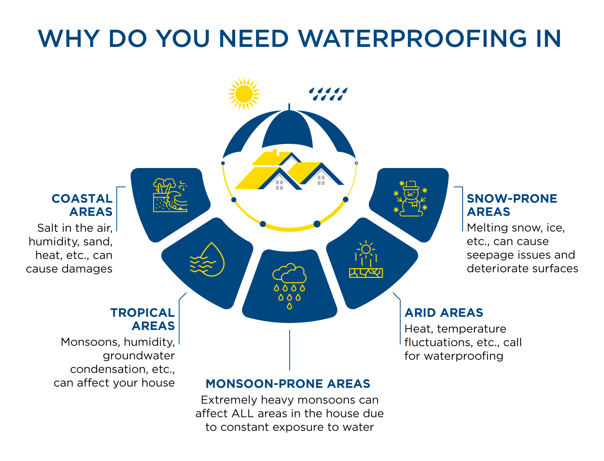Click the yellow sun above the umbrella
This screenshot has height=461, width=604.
click(x=244, y=94)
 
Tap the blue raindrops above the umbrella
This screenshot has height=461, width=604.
click(x=328, y=94)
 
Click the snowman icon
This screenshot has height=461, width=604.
click(x=410, y=199)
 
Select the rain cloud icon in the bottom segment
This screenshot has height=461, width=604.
click(x=289, y=286)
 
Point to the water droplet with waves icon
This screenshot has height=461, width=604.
click(x=207, y=259)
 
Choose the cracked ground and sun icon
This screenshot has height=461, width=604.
click(x=366, y=259)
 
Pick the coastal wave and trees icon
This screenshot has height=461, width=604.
click(x=170, y=195)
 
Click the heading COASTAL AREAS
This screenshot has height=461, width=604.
click(x=82, y=205)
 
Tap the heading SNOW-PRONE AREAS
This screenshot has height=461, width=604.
click(x=512, y=205)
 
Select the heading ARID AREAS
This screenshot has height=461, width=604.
click(x=444, y=313)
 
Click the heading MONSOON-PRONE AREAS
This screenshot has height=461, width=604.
click(x=288, y=384)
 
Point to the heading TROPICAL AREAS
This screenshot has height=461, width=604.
click(x=143, y=319)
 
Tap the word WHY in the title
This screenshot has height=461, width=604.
click(x=69, y=39)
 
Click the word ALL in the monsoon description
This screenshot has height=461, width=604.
click(x=242, y=413)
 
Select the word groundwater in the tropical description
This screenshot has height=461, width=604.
click(x=139, y=356)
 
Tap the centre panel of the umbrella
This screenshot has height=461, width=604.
click(x=288, y=128)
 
